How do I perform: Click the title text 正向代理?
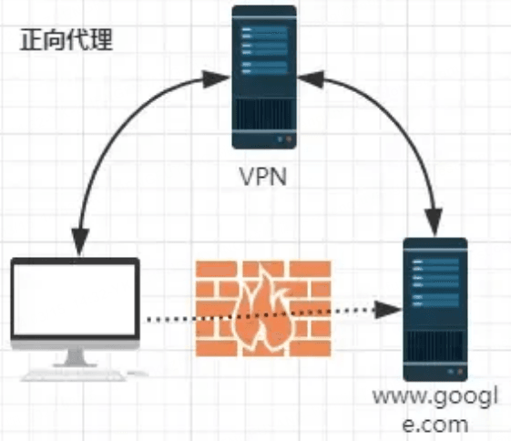[66, 40]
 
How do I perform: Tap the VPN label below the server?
[263, 177]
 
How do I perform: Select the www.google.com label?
[435, 410]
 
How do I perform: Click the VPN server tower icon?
[264, 77]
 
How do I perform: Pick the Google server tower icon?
[435, 309]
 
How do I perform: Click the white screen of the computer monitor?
[75, 299]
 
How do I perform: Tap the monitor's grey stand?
[76, 358]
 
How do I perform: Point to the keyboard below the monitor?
[74, 374]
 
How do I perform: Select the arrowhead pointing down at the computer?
[80, 241]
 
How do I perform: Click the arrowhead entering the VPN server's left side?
[216, 79]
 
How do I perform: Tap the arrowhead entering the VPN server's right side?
[311, 79]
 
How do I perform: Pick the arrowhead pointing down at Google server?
[434, 221]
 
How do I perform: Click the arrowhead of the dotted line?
[388, 310]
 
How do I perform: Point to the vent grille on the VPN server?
[264, 114]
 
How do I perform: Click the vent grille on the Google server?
[435, 346]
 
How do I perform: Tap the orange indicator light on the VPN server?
[289, 139]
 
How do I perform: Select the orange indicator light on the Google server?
[460, 371]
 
